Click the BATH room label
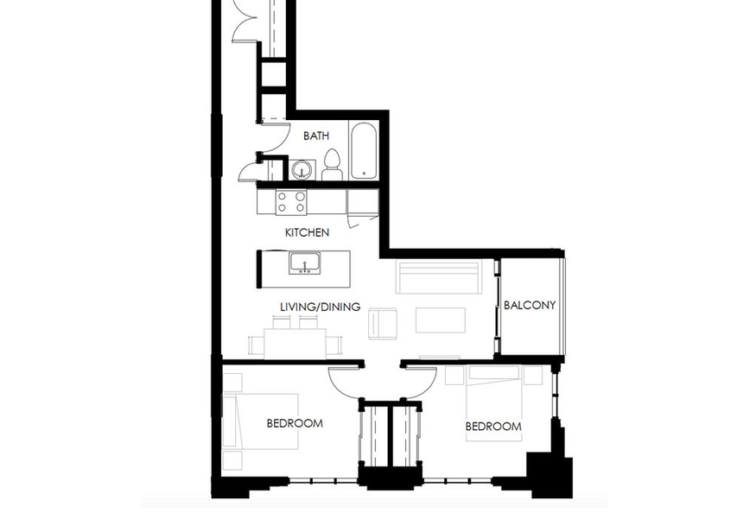[316, 136]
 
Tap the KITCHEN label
[307, 232]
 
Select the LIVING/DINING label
[321, 307]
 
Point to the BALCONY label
[530, 305]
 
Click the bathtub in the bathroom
[363, 151]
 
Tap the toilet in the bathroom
[332, 165]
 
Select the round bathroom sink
[302, 170]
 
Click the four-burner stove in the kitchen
[290, 202]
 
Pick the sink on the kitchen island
[305, 263]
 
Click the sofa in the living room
[439, 277]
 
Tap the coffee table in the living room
[441, 320]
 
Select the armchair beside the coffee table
[384, 324]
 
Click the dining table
[295, 344]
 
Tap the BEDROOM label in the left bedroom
[295, 423]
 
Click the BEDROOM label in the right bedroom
[493, 427]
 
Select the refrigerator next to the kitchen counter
[363, 202]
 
